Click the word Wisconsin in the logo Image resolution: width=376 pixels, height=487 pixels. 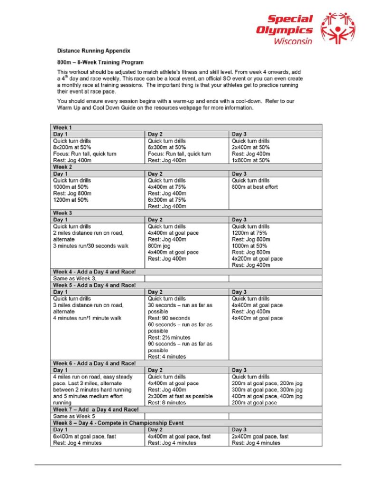pyautogui.click(x=293, y=41)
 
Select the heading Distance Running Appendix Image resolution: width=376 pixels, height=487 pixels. pyautogui.click(x=94, y=50)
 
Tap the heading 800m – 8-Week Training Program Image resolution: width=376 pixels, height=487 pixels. pyautogui.click(x=100, y=62)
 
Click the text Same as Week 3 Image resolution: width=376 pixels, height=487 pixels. pyautogui.click(x=72, y=278)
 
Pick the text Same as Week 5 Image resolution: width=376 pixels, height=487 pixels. pyautogui.click(x=72, y=416)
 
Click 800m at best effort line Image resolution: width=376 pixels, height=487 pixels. pyautogui.click(x=255, y=187)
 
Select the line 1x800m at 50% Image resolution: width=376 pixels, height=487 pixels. pyautogui.click(x=251, y=160)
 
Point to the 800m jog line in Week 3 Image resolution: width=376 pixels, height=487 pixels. pyautogui.click(x=159, y=246)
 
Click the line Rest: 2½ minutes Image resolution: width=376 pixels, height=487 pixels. pyautogui.click(x=169, y=337)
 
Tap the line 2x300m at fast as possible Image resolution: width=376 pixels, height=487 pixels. pyautogui.click(x=180, y=396)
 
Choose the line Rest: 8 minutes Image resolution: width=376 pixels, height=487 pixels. pyautogui.click(x=167, y=402)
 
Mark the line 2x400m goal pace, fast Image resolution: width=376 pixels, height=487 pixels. pyautogui.click(x=260, y=436)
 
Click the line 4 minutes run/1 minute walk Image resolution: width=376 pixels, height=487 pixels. pyautogui.click(x=88, y=318)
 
